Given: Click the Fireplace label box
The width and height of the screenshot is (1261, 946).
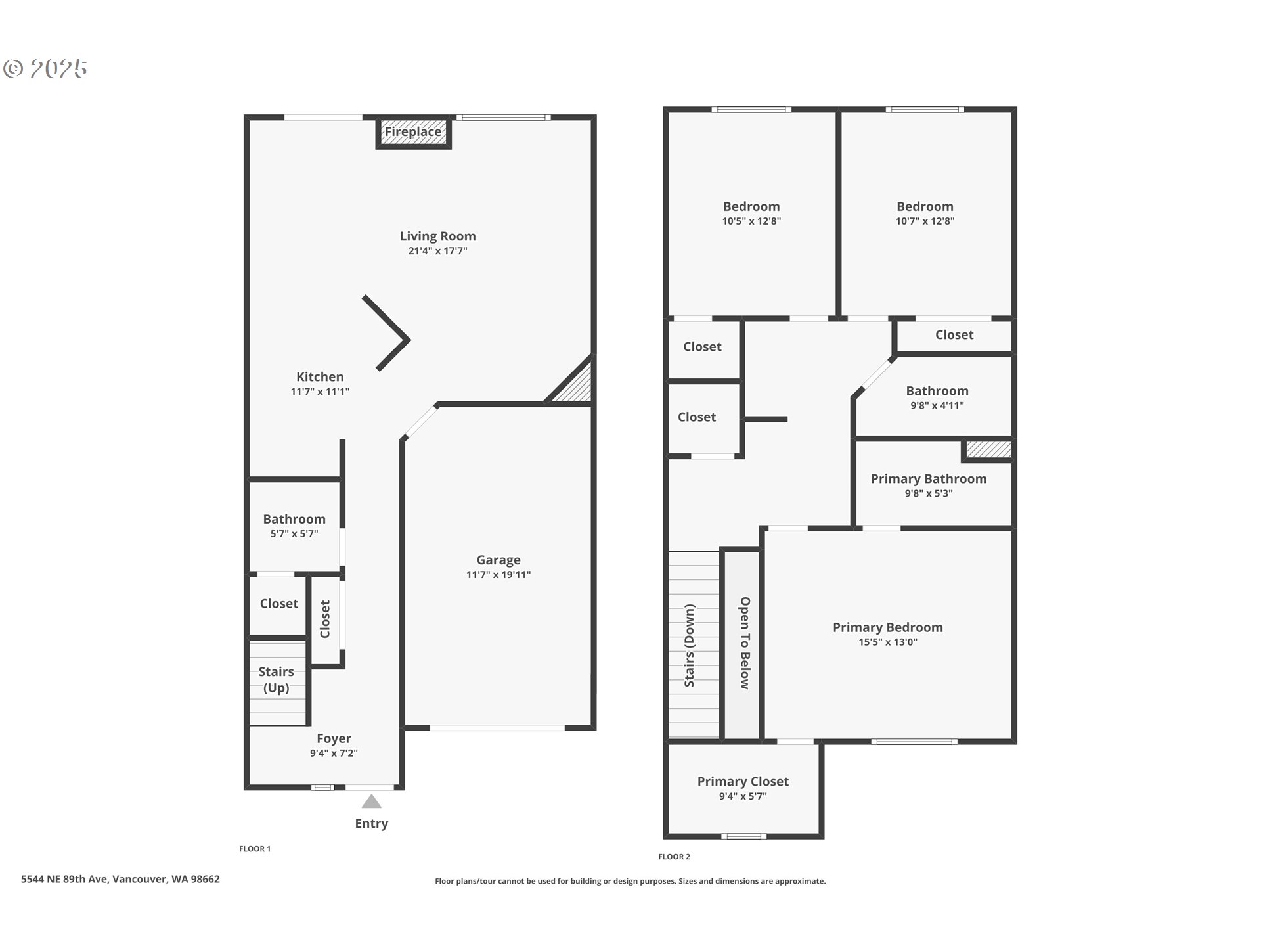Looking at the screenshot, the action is [413, 132].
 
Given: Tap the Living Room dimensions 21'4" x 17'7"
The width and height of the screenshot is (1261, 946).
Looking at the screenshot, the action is [437, 251].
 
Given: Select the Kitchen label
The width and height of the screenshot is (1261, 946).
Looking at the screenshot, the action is [320, 376].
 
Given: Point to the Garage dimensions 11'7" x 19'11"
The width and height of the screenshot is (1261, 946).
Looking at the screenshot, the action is [498, 575].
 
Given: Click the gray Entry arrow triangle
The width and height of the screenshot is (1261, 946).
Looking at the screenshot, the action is [372, 801].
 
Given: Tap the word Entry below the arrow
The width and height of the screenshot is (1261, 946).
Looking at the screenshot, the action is [372, 824].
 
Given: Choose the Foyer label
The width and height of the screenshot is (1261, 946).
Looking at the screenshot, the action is [334, 738].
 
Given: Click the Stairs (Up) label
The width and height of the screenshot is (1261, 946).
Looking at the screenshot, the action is [276, 680].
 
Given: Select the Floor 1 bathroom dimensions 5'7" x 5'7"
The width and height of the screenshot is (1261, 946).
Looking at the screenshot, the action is [294, 534].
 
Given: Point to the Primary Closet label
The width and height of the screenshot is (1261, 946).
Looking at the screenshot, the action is [743, 782].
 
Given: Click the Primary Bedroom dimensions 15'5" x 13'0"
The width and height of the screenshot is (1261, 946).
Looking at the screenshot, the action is [888, 642].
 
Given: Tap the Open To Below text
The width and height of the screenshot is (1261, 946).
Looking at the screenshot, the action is [745, 643].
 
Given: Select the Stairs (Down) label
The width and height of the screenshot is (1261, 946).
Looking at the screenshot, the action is [690, 646].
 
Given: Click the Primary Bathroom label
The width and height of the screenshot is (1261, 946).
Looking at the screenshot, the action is [929, 479].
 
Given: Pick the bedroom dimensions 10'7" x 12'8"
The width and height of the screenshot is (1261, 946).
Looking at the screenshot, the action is [925, 221].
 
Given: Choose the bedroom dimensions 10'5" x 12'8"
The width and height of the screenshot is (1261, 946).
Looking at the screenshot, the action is [751, 221].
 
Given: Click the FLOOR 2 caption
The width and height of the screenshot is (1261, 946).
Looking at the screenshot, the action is [675, 857].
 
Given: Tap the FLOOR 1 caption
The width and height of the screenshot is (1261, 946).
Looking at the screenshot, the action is [255, 849].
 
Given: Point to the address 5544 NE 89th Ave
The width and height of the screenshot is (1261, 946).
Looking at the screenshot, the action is [64, 879].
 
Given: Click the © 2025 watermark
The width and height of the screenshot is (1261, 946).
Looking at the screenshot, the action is [45, 68].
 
